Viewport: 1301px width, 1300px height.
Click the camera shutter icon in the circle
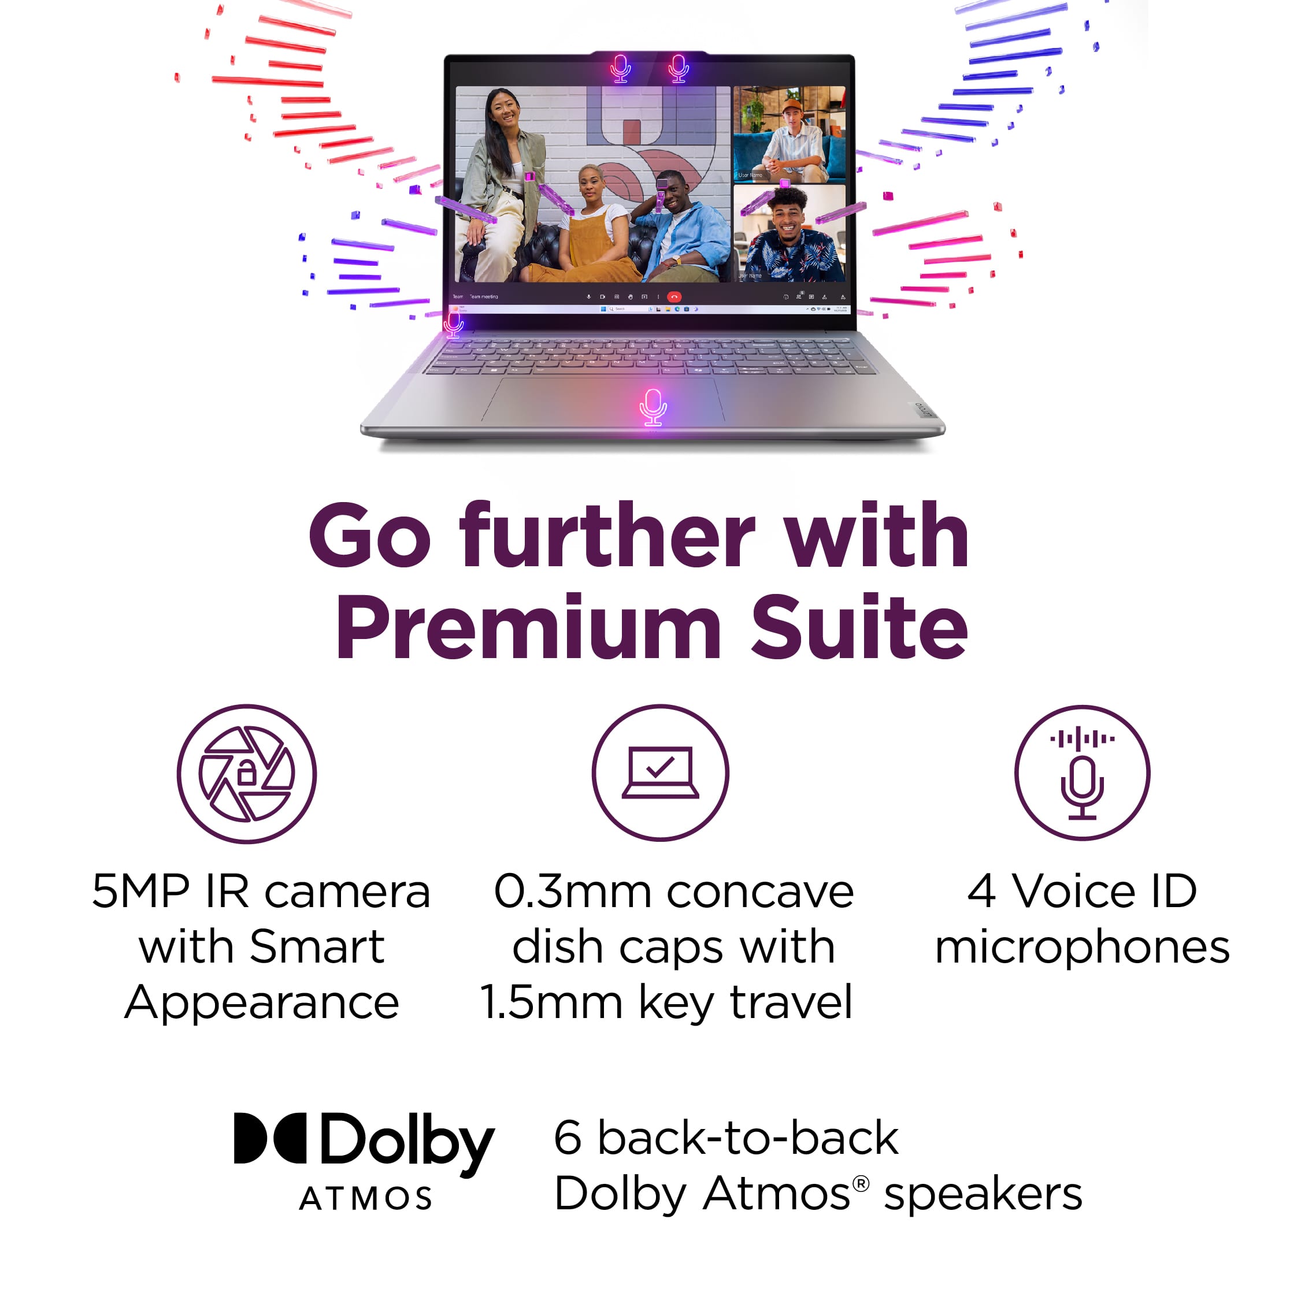246,774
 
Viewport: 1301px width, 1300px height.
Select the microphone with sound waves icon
1081,773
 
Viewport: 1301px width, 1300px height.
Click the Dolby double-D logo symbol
269,1138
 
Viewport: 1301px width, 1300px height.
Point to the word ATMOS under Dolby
366,1199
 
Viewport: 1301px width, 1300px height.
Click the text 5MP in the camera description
141,892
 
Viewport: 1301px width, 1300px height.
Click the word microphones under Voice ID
1082,946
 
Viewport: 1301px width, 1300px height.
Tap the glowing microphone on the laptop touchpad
653,407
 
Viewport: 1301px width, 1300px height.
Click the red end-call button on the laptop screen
674,297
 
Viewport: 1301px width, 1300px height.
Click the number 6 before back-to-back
567,1138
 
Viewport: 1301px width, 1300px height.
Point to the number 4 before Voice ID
981,892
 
